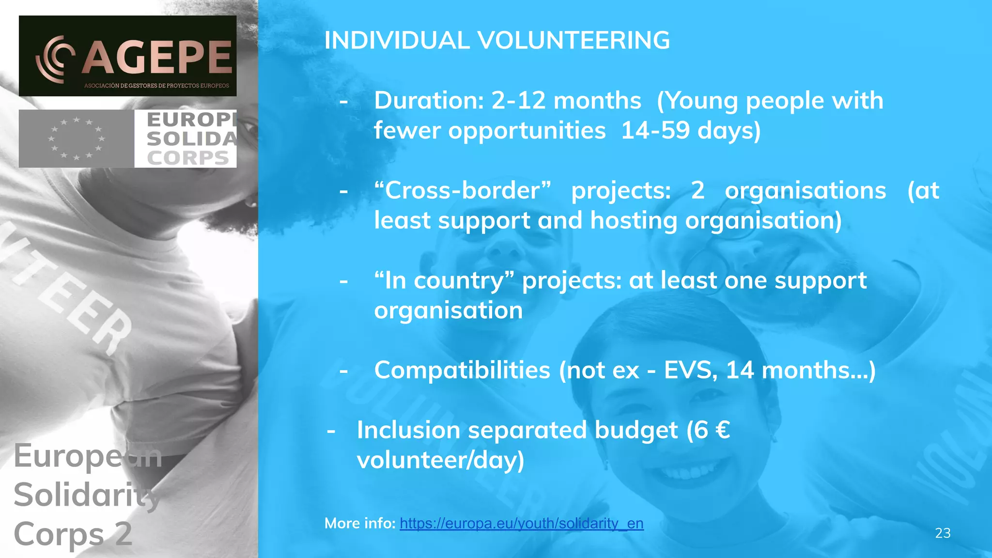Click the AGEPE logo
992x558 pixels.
(128, 56)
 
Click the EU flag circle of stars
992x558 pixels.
(77, 139)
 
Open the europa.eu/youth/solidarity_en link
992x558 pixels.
(521, 524)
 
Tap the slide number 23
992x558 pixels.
(942, 533)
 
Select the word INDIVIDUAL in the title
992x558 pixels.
(397, 40)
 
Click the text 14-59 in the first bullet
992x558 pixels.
(655, 131)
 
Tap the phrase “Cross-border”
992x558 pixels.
(463, 190)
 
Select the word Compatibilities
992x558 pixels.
(462, 371)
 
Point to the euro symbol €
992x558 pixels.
(722, 430)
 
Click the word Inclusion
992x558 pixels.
(408, 430)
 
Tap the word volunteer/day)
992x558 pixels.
(440, 460)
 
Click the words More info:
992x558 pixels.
(360, 524)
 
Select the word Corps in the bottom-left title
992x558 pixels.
(58, 534)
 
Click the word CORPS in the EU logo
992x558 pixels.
(188, 158)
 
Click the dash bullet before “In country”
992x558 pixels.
(344, 281)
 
